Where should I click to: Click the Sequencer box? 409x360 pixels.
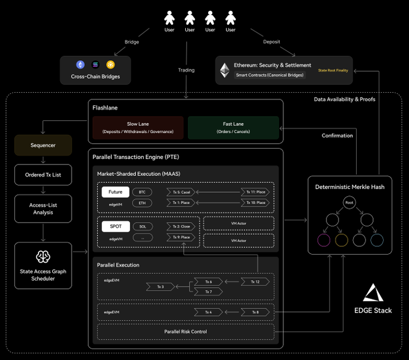pos(43,145)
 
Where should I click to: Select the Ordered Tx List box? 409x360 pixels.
pos(43,175)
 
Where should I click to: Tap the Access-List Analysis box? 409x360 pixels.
pos(43,208)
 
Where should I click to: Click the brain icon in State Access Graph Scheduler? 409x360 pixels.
pos(43,256)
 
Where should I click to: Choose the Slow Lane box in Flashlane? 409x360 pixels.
pos(138,128)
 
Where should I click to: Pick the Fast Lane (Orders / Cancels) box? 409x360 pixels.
pos(233,128)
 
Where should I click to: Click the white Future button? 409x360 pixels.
pos(115,192)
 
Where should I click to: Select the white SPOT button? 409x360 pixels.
pos(115,226)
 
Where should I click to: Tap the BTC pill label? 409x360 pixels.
pos(142,192)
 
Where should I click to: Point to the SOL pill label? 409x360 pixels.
pos(142,226)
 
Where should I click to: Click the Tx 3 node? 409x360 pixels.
pos(161,287)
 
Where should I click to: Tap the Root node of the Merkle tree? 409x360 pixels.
pos(349,203)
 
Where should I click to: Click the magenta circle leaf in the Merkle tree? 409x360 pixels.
pos(324,240)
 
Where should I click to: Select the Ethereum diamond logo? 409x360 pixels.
pos(224,70)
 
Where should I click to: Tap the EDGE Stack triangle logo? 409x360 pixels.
pos(374,293)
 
